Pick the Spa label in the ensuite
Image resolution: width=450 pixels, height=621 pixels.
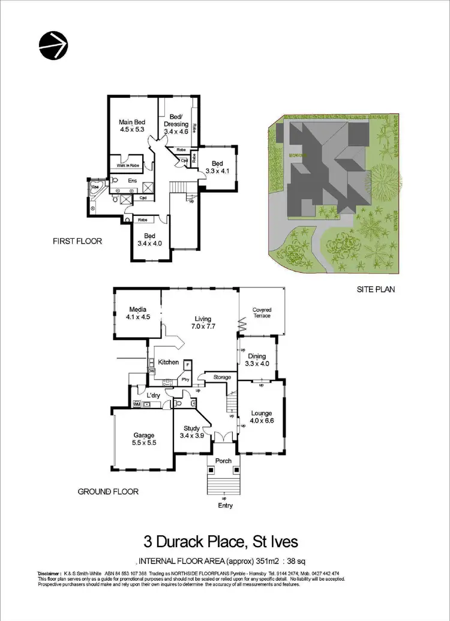click(94, 188)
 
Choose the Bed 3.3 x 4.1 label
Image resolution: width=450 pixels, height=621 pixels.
click(217, 167)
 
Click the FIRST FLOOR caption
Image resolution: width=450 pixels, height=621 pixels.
click(77, 242)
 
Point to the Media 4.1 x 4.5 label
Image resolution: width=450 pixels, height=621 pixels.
click(137, 314)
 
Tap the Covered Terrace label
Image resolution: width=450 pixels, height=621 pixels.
click(262, 313)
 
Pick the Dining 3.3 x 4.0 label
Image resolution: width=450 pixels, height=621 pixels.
click(257, 359)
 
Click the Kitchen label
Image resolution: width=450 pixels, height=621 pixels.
click(169, 362)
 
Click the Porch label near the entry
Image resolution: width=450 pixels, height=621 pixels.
click(223, 461)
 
